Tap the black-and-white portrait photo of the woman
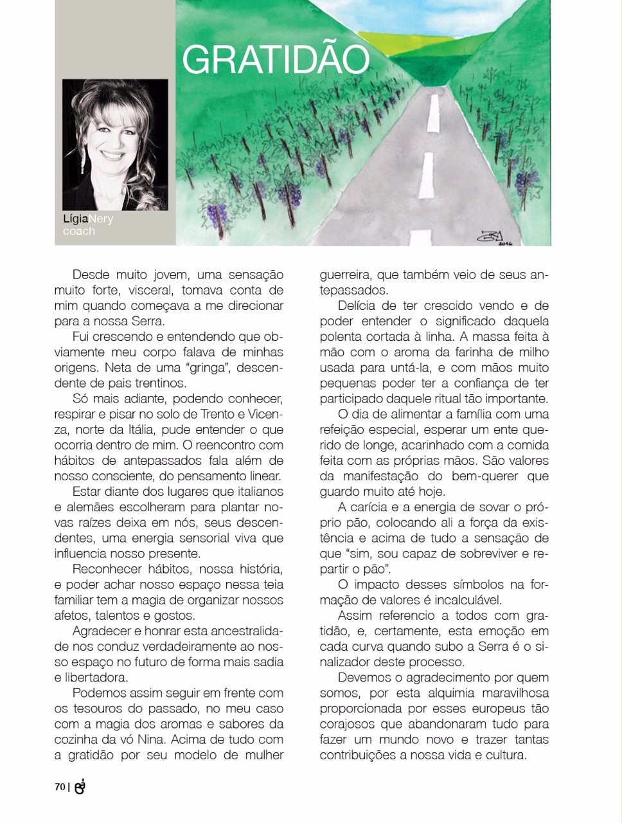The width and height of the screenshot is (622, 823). tap(115, 145)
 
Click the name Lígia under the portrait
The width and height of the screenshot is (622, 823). tap(75, 219)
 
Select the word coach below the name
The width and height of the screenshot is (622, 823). tap(79, 231)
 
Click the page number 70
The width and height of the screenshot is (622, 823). tap(60, 786)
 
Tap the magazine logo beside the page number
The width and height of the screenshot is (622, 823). tap(80, 786)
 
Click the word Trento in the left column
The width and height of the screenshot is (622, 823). tap(217, 414)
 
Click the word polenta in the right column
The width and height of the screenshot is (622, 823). tap(343, 336)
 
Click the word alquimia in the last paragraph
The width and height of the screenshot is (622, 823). tap(457, 693)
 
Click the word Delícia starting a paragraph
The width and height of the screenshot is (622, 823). tap(360, 305)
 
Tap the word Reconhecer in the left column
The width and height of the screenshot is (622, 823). tap(107, 569)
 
